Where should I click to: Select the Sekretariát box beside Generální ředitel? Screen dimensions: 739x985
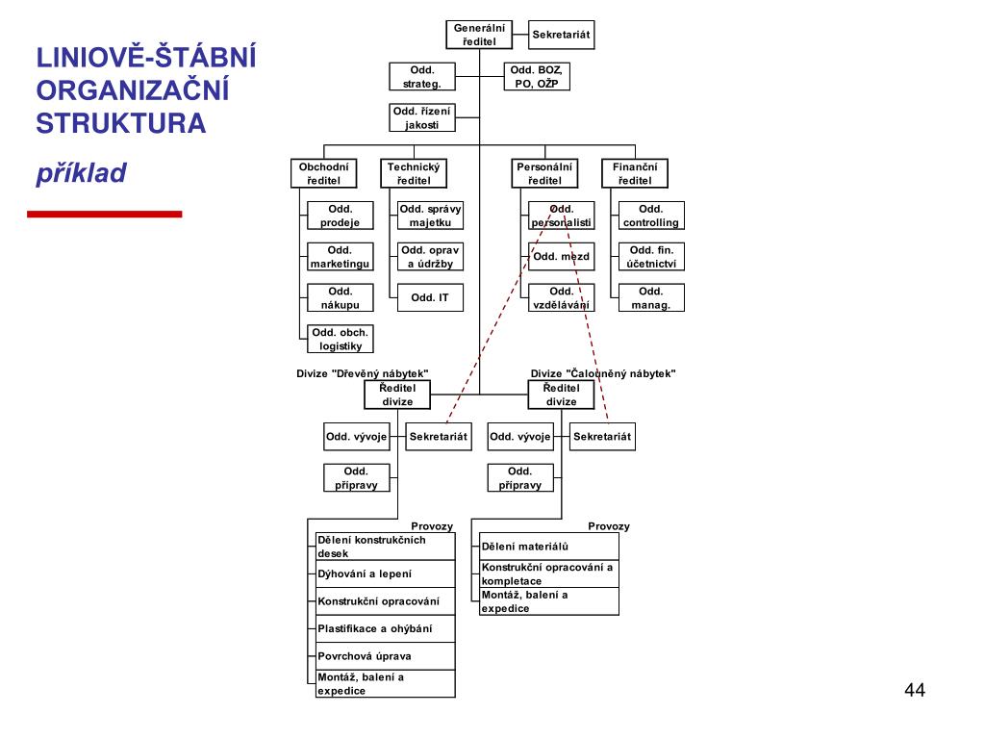pos(562,35)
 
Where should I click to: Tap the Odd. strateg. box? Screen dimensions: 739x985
pos(421,76)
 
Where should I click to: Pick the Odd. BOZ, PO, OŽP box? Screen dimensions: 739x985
pos(537,76)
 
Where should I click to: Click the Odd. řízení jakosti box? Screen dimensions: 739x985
pos(421,117)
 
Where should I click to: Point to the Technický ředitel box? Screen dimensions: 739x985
pos(414,173)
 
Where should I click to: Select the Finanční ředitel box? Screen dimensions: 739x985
pos(634,173)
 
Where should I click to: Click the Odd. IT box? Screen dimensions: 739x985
pos(430,298)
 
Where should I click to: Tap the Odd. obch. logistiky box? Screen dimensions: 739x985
pos(341,340)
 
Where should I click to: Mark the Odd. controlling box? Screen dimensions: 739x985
pos(650,216)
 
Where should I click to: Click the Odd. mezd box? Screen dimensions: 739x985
pos(561,257)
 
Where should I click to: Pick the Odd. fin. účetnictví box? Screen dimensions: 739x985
pos(650,257)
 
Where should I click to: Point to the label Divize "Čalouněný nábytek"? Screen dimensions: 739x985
pos(603,373)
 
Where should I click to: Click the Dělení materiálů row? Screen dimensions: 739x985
pos(548,547)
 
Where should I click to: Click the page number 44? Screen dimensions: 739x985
pos(915,690)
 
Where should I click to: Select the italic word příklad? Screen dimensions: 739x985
pos(82,173)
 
